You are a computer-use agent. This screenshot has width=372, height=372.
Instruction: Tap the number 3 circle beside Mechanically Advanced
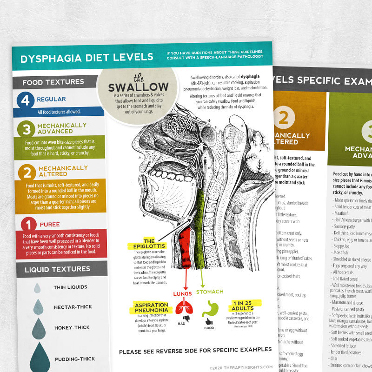point(27,129)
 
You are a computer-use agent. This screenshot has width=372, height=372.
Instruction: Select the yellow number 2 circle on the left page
point(27,173)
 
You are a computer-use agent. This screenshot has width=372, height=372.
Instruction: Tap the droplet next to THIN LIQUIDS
point(37,288)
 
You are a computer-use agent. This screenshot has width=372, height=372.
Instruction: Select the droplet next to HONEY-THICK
point(39,327)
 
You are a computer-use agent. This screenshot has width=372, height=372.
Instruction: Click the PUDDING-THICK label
point(75,359)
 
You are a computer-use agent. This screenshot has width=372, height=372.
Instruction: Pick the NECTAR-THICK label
point(73,307)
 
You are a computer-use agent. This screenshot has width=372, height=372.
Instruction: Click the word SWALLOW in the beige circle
point(138,87)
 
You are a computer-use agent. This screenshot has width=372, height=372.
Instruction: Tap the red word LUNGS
point(183,293)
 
